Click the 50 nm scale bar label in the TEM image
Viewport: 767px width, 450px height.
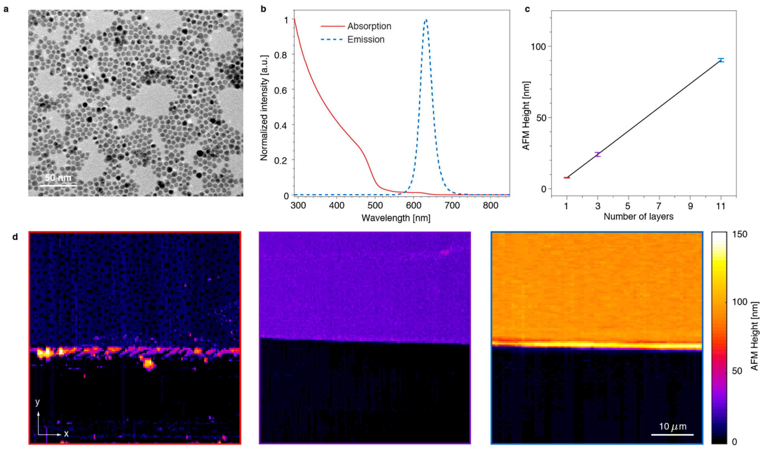coord(58,178)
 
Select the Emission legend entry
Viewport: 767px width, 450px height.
coord(366,40)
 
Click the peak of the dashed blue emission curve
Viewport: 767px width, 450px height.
coord(426,20)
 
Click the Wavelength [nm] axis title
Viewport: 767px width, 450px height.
coord(396,218)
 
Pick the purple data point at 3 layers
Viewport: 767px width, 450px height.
coord(598,154)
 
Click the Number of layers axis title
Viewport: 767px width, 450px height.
coord(638,217)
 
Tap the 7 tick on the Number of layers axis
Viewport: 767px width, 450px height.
coord(659,206)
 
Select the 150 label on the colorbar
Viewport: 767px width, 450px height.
coord(740,234)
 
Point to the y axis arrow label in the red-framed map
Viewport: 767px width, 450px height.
coord(37,402)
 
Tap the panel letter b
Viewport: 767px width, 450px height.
coord(263,9)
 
